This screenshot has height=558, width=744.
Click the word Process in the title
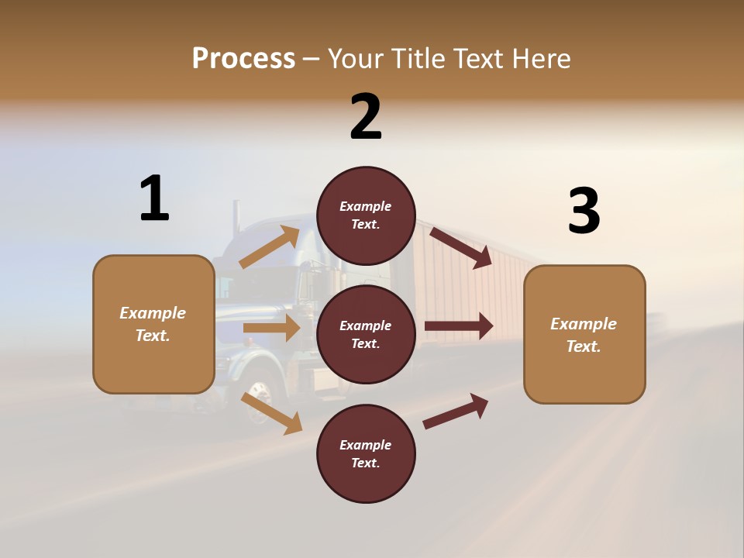[243, 58]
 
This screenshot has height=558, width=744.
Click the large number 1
[154, 198]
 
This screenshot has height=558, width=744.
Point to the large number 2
[366, 117]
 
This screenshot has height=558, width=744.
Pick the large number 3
[584, 211]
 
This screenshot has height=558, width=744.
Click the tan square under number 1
[153, 324]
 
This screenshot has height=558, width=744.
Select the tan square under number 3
[584, 335]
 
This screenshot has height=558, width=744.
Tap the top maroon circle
[366, 215]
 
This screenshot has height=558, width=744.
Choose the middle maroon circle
[366, 335]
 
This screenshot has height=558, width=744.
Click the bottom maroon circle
[366, 454]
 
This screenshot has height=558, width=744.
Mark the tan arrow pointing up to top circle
[270, 247]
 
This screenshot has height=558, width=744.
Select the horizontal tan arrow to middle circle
[271, 328]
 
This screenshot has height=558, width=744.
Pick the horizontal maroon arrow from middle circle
[459, 325]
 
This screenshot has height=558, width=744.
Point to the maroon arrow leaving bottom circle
[456, 411]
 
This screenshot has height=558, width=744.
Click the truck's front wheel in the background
[260, 401]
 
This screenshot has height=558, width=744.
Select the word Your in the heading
[354, 58]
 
